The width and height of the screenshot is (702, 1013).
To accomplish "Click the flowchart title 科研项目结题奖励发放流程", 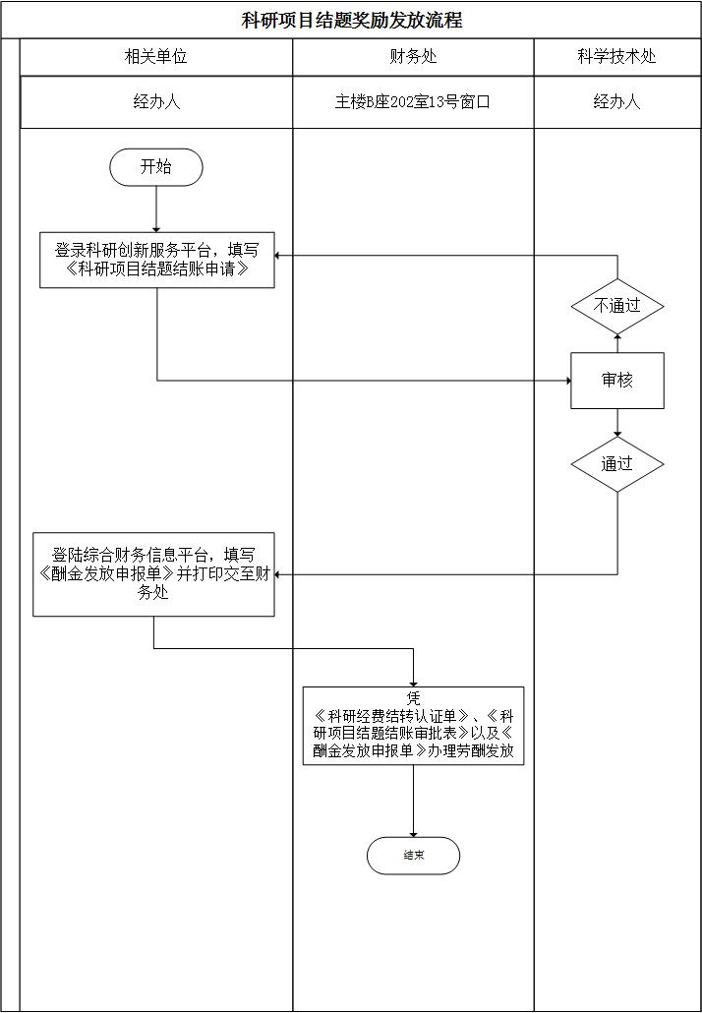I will click(x=352, y=20).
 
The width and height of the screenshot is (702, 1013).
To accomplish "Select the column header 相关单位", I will click(x=155, y=57).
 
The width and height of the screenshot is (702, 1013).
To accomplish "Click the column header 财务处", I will click(x=414, y=57).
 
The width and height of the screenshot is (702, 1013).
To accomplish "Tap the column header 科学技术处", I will click(x=616, y=57).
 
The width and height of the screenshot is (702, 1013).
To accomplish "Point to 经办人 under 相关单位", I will click(x=156, y=101).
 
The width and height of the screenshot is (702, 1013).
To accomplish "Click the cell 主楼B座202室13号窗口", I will click(x=412, y=101).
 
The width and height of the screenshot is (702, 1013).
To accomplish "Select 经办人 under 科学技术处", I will click(x=616, y=101).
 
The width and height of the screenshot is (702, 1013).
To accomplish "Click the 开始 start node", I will click(x=156, y=167).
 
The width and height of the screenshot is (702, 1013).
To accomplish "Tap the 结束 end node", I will click(x=413, y=856).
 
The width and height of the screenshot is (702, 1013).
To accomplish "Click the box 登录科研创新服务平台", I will click(x=156, y=260).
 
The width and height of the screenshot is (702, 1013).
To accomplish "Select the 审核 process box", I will click(x=617, y=381).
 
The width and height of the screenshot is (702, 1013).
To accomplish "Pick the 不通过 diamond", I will click(x=617, y=306).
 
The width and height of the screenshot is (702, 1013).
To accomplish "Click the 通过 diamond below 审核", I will click(x=617, y=463).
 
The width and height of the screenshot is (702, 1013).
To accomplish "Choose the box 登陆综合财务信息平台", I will click(x=153, y=574).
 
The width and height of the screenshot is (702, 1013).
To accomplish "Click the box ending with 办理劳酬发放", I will click(x=413, y=726).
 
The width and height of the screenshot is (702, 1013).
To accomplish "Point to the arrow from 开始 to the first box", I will click(x=156, y=209).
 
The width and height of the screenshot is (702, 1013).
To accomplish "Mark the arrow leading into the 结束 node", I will click(x=413, y=802).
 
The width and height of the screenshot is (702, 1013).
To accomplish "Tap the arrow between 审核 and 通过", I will click(x=617, y=423).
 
